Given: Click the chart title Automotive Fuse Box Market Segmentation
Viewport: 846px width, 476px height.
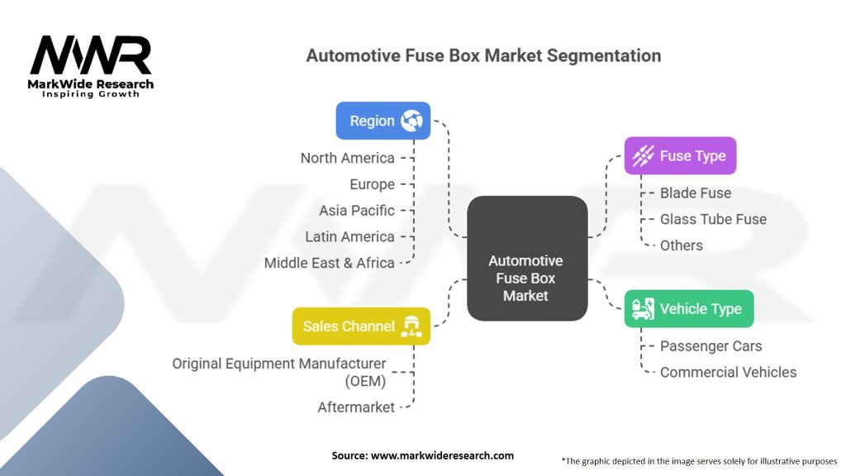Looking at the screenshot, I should [x=483, y=56].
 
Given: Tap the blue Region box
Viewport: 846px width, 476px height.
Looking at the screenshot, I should [x=383, y=121].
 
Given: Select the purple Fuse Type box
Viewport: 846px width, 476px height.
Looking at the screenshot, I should [x=679, y=155].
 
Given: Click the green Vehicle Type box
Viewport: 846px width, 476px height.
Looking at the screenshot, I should [x=688, y=309].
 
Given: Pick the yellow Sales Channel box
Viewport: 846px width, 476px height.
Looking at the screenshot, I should [x=361, y=326].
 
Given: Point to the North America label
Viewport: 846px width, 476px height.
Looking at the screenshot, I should [x=347, y=158].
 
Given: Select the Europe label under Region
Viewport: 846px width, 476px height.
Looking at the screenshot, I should [x=372, y=184].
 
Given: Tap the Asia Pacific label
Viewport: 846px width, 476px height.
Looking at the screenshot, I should [x=357, y=210].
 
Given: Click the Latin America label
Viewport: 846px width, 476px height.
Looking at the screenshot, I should [x=349, y=236].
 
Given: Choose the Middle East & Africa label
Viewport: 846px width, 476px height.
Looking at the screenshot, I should [x=329, y=263].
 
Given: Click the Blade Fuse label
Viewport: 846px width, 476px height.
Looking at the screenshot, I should [x=695, y=193].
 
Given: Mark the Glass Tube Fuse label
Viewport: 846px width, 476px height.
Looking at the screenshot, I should [x=713, y=219].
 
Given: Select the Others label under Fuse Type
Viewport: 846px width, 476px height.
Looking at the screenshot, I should [x=681, y=245].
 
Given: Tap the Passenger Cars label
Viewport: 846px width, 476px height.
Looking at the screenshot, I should [x=711, y=346].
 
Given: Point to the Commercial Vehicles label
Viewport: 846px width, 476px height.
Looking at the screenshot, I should [x=728, y=372].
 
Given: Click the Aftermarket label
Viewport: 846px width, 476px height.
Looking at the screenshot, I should [x=356, y=407].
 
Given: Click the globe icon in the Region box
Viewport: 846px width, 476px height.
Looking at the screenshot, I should [x=411, y=121].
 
